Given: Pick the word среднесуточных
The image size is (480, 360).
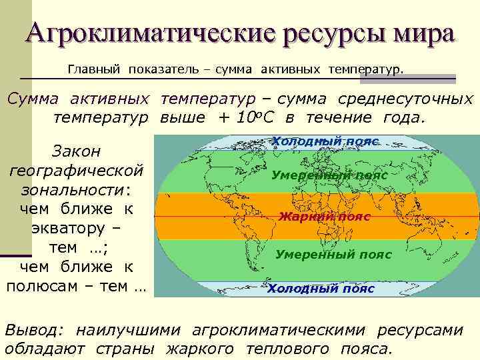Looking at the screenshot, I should (405, 99).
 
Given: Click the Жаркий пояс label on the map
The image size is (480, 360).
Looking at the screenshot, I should (324, 217).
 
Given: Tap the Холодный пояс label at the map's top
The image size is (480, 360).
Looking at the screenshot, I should (325, 141).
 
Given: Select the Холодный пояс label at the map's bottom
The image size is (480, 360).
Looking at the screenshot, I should (321, 289).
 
